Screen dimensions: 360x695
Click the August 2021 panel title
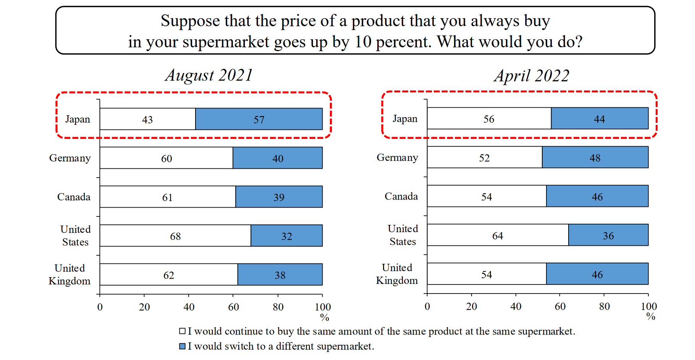click(209, 75)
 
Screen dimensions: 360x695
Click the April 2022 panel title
click(532, 76)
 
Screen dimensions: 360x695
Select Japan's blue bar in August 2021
click(259, 119)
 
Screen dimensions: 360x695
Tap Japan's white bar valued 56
click(489, 119)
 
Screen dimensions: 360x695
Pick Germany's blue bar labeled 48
click(595, 157)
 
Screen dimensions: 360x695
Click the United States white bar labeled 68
click(175, 236)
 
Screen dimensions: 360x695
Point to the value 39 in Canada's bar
click(279, 197)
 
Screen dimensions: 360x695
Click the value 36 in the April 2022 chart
click(608, 236)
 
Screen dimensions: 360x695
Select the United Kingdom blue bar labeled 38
click(280, 274)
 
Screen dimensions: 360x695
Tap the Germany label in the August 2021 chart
click(70, 158)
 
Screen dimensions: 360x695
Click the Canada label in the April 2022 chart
click(401, 196)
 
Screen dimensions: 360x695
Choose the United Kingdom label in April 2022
click(397, 274)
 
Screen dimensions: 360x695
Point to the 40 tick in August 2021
click(189, 307)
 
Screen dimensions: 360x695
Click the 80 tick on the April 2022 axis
click(604, 306)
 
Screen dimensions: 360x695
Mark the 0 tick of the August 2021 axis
click(100, 307)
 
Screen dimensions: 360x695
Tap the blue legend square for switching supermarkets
click(183, 346)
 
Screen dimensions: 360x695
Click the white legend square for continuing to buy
click(183, 331)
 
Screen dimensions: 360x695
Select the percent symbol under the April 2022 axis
click(651, 316)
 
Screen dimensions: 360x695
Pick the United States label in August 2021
click(75, 236)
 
